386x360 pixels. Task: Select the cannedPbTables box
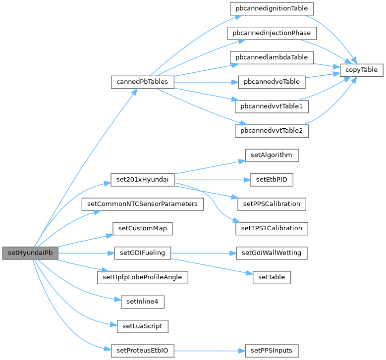pyautogui.click(x=142, y=82)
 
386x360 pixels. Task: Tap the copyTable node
pyautogui.click(x=362, y=70)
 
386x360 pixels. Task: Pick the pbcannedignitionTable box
pyautogui.click(x=272, y=8)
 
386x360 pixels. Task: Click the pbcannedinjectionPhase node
pyautogui.click(x=272, y=33)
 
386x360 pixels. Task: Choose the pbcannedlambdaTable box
pyautogui.click(x=272, y=57)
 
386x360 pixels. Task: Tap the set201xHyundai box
pyautogui.click(x=142, y=180)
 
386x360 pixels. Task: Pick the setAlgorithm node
pyautogui.click(x=272, y=155)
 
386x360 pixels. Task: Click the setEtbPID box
pyautogui.click(x=272, y=180)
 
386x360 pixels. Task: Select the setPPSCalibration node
pyautogui.click(x=272, y=204)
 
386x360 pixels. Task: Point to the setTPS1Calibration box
pyautogui.click(x=272, y=228)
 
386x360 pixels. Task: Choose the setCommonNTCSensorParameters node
pyautogui.click(x=142, y=204)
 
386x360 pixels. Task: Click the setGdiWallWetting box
pyautogui.click(x=272, y=253)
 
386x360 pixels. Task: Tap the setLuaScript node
pyautogui.click(x=142, y=326)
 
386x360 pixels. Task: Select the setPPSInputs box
pyautogui.click(x=272, y=351)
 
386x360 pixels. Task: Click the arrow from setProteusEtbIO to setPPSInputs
pyautogui.click(x=208, y=351)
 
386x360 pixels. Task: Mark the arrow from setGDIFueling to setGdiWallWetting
pyautogui.click(x=203, y=253)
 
